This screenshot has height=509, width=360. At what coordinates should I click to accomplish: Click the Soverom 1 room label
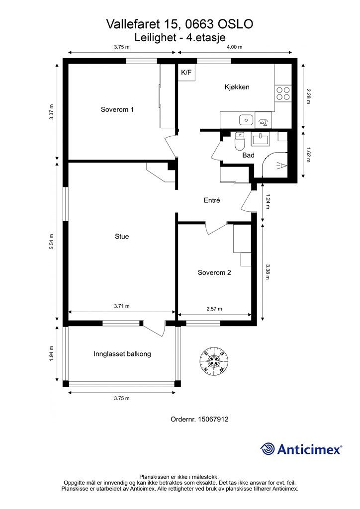[x=117, y=109]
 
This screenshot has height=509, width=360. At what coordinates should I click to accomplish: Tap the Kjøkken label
[x=237, y=86]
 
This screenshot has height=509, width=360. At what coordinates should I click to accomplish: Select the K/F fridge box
[x=186, y=73]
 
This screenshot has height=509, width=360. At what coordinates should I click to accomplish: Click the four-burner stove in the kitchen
[x=283, y=93]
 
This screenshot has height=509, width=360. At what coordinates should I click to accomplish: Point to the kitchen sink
[x=247, y=120]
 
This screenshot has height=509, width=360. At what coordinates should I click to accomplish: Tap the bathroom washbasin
[x=260, y=139]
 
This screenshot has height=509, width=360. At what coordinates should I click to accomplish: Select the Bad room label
[x=248, y=155]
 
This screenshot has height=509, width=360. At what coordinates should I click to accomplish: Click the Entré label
[x=212, y=200]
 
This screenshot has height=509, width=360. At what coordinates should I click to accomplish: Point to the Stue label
[x=122, y=236]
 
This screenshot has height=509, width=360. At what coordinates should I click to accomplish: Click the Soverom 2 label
[x=214, y=272]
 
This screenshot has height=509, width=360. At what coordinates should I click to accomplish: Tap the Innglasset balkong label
[x=122, y=354]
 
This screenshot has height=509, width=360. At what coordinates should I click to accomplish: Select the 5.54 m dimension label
[x=51, y=242]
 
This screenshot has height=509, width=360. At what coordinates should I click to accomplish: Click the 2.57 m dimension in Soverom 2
[x=214, y=309]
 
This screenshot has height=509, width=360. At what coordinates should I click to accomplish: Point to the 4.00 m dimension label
[x=234, y=47]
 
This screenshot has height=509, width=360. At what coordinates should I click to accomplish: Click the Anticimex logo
[x=301, y=449]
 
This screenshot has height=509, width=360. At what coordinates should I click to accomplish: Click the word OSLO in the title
[x=235, y=24]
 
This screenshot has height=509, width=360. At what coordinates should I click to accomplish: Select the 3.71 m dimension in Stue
[x=122, y=306]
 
